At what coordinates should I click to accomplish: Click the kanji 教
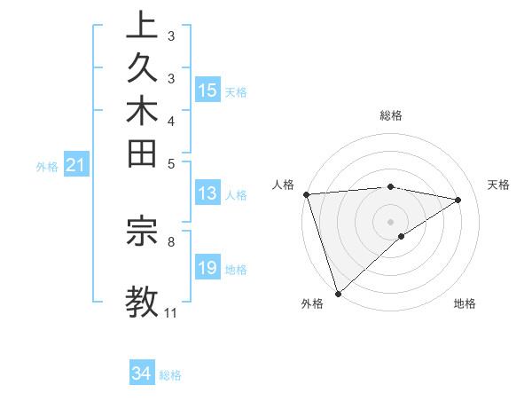pyautogui.click(x=142, y=300)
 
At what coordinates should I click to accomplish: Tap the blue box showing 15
pyautogui.click(x=207, y=90)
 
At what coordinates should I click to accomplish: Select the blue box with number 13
pyautogui.click(x=207, y=194)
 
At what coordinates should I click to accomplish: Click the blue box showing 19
pyautogui.click(x=207, y=268)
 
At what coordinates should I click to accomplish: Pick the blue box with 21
pyautogui.click(x=76, y=164)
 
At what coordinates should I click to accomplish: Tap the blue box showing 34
pyautogui.click(x=142, y=374)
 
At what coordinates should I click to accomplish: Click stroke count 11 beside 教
pyautogui.click(x=171, y=313)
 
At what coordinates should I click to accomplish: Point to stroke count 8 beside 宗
pyautogui.click(x=171, y=240)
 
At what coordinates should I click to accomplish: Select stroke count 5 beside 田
pyautogui.click(x=171, y=163)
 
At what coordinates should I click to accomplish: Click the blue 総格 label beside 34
pyautogui.click(x=171, y=375)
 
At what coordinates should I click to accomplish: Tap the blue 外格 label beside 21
pyautogui.click(x=47, y=166)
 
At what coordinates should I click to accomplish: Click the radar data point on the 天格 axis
pyautogui.click(x=458, y=200)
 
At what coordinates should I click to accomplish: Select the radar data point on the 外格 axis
pyautogui.click(x=338, y=292)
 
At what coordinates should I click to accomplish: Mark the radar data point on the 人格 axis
pyautogui.click(x=306, y=194)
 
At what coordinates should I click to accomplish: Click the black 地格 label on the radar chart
pyautogui.click(x=465, y=304)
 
